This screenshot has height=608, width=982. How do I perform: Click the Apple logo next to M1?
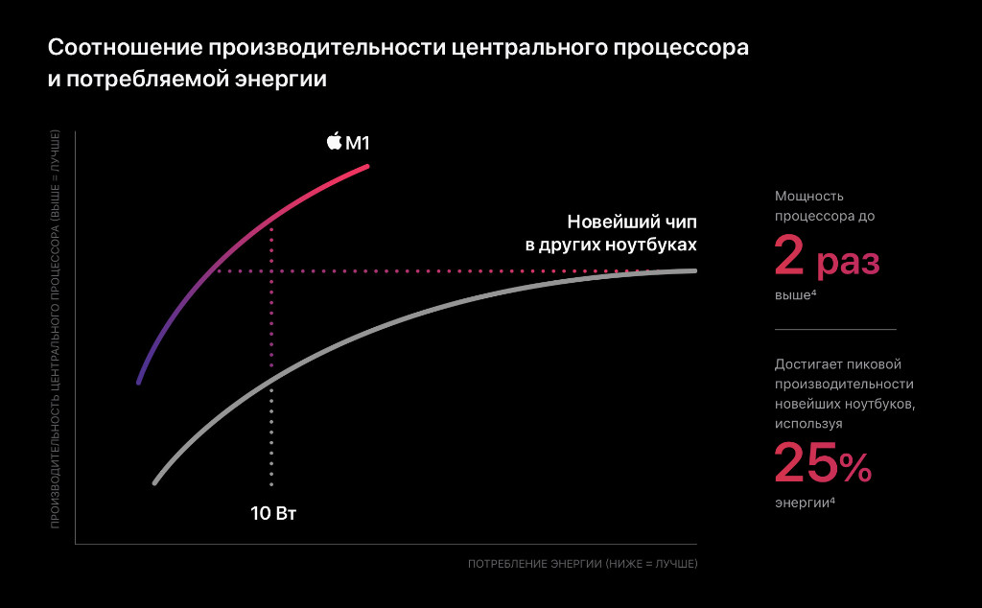pos(334,142)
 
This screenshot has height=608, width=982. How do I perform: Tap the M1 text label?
pos(358,143)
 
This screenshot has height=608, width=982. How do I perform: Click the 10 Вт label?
pos(273,513)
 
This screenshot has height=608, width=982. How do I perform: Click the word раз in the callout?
pos(848,262)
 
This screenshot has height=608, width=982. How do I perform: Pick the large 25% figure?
pos(822,464)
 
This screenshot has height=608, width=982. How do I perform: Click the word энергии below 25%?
pos(801,503)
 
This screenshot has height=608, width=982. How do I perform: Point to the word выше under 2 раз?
pos(792,295)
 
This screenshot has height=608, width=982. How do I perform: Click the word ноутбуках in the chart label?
pos(651,245)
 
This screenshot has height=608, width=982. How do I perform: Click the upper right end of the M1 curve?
pos(367,166)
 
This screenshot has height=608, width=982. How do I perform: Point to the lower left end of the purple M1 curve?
pos(139,382)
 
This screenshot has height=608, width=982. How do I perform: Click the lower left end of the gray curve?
pos(153,482)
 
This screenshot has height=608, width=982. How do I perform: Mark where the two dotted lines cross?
pos(272,271)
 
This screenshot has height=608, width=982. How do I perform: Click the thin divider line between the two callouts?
pos(834,329)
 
